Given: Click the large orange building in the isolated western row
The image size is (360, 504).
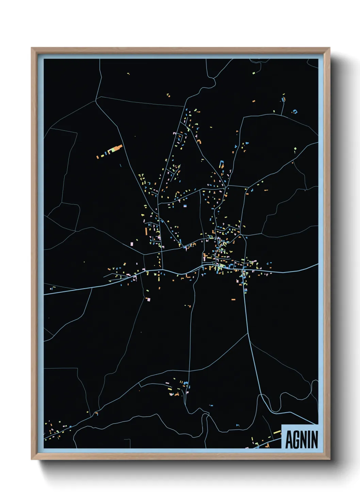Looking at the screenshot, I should point(117,148).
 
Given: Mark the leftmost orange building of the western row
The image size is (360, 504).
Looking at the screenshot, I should point(97,157).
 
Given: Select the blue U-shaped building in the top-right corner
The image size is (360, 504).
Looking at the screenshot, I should point(295,111).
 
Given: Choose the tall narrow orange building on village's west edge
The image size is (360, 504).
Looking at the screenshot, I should point(146,231).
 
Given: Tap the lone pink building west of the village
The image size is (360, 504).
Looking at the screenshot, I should point(132,243).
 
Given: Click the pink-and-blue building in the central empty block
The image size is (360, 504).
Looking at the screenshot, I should point(185,206).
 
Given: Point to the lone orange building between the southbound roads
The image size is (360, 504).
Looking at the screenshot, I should point(233,299).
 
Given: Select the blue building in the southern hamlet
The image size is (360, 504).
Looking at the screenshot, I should point(185,384).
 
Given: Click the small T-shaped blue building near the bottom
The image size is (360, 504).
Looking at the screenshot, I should point(237,425).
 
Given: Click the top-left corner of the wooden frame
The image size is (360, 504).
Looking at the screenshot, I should point(32,48).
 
